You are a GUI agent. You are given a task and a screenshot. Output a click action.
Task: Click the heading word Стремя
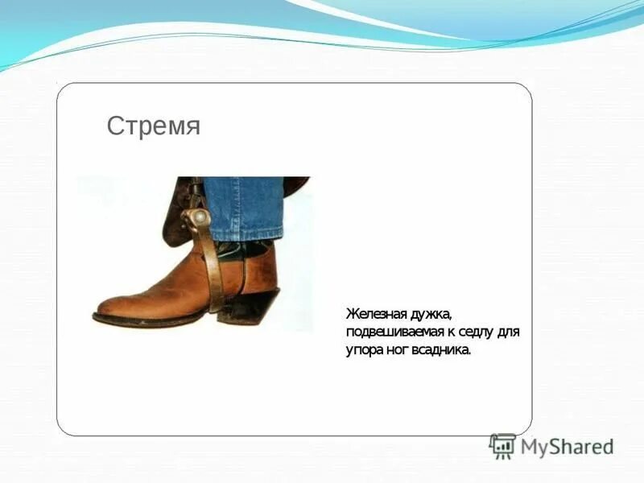[153, 126]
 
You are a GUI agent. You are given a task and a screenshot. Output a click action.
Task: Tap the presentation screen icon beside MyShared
[502, 447]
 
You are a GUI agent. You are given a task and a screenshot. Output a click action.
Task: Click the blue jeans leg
[242, 205]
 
